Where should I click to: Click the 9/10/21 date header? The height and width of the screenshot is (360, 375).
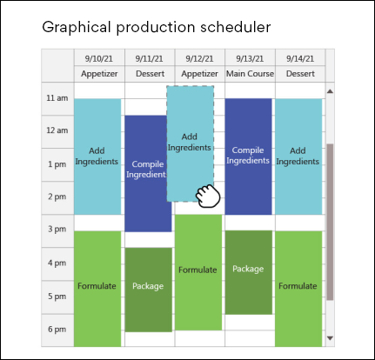99,59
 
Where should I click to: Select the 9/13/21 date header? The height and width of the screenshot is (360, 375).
250,59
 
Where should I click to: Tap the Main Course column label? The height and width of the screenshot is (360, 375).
250,74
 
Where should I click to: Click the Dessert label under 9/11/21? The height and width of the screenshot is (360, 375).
150,74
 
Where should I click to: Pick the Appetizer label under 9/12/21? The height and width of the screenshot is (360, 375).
199,74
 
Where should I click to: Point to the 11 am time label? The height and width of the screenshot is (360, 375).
57,98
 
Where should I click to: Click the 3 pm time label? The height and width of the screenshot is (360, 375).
57,229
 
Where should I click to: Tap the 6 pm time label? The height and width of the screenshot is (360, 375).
57,330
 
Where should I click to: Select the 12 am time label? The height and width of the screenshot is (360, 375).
57,130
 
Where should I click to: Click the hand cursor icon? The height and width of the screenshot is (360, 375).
208,196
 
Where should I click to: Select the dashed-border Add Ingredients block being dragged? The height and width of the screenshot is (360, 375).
191,143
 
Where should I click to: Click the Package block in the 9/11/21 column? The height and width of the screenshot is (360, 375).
148,290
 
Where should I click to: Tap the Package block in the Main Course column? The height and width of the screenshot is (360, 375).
249,272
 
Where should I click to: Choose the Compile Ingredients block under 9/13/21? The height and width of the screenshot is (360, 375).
248,157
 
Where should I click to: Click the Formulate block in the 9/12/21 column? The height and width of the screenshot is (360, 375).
198,272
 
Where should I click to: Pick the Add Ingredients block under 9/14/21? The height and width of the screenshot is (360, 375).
298,157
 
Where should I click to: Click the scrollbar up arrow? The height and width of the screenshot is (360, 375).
330,91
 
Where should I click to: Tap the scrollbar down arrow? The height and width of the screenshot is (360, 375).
330,338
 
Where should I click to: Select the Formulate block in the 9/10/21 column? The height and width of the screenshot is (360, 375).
97,289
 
